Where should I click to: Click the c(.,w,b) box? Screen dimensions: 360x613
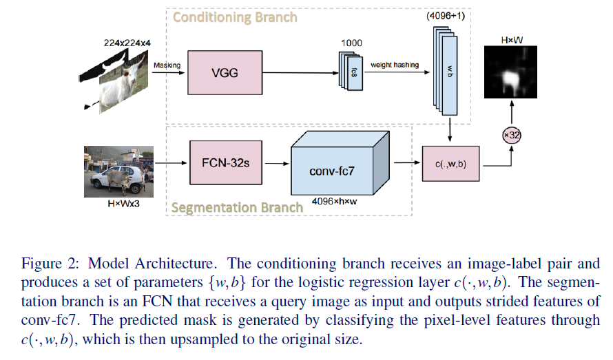pyautogui.click(x=450, y=164)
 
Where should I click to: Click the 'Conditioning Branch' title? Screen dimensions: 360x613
pyautogui.click(x=235, y=17)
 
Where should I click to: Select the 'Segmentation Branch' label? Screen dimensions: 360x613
pyautogui.click(x=236, y=207)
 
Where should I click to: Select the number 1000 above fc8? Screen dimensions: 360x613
pyautogui.click(x=351, y=43)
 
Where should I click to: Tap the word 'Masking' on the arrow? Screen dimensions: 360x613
pyautogui.click(x=167, y=65)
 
